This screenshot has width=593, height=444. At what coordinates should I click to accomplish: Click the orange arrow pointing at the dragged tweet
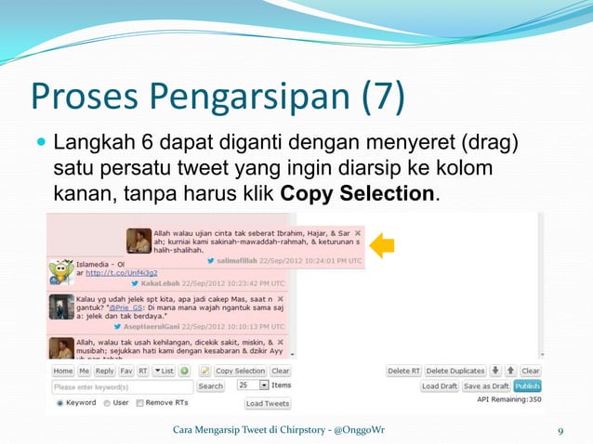click(382, 245)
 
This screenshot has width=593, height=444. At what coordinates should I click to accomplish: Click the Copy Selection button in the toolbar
click(240, 371)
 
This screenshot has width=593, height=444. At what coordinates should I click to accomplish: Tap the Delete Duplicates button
click(455, 371)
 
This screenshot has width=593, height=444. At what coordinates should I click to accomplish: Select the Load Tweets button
click(268, 403)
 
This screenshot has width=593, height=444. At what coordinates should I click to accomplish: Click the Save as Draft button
click(487, 385)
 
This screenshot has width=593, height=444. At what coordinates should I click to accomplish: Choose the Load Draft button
click(440, 385)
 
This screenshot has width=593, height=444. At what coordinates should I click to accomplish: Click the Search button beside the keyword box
click(211, 385)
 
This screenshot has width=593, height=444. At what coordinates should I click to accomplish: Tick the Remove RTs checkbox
click(139, 403)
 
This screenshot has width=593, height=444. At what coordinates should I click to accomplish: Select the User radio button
click(107, 403)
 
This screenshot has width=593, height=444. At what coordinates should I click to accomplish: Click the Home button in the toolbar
click(62, 371)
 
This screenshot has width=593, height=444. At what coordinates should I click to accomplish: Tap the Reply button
click(105, 371)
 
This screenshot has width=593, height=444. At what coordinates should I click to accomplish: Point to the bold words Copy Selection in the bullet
click(357, 194)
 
